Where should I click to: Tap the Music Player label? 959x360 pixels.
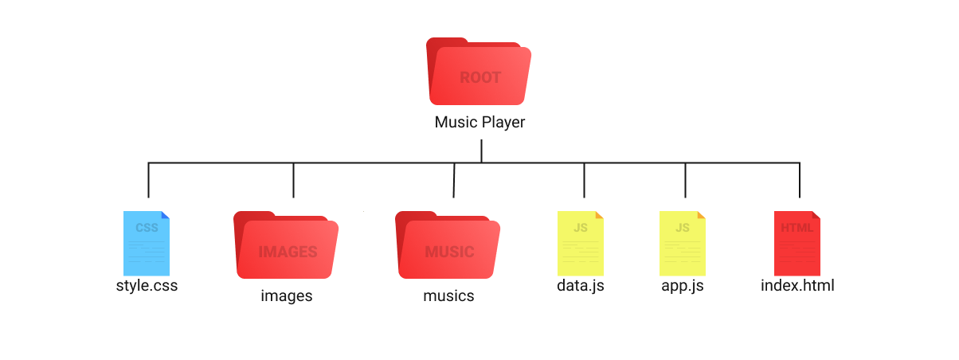pos(479,123)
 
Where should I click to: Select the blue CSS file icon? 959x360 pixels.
pos(147,243)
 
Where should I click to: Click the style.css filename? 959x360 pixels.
pos(147,285)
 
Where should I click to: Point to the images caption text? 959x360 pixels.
pos(287,296)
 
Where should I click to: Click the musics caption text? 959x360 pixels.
pos(448,296)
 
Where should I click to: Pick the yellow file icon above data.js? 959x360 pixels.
pos(581,243)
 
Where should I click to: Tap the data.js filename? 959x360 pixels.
pos(581,285)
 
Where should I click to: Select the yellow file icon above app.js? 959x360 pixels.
pos(683,243)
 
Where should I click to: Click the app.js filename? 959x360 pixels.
pos(683,285)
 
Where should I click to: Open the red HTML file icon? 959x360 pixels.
pos(797,243)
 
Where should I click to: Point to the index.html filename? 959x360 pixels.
pos(797,285)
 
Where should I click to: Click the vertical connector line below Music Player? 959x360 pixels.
pos(481,151)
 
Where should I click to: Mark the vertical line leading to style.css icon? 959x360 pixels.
pos(148,180)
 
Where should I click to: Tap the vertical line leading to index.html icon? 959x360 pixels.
pos(800,180)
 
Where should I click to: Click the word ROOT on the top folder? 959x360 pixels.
pos(480,77)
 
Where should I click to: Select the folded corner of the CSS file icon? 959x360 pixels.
pos(165,215)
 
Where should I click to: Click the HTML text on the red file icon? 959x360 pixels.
pos(797,228)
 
